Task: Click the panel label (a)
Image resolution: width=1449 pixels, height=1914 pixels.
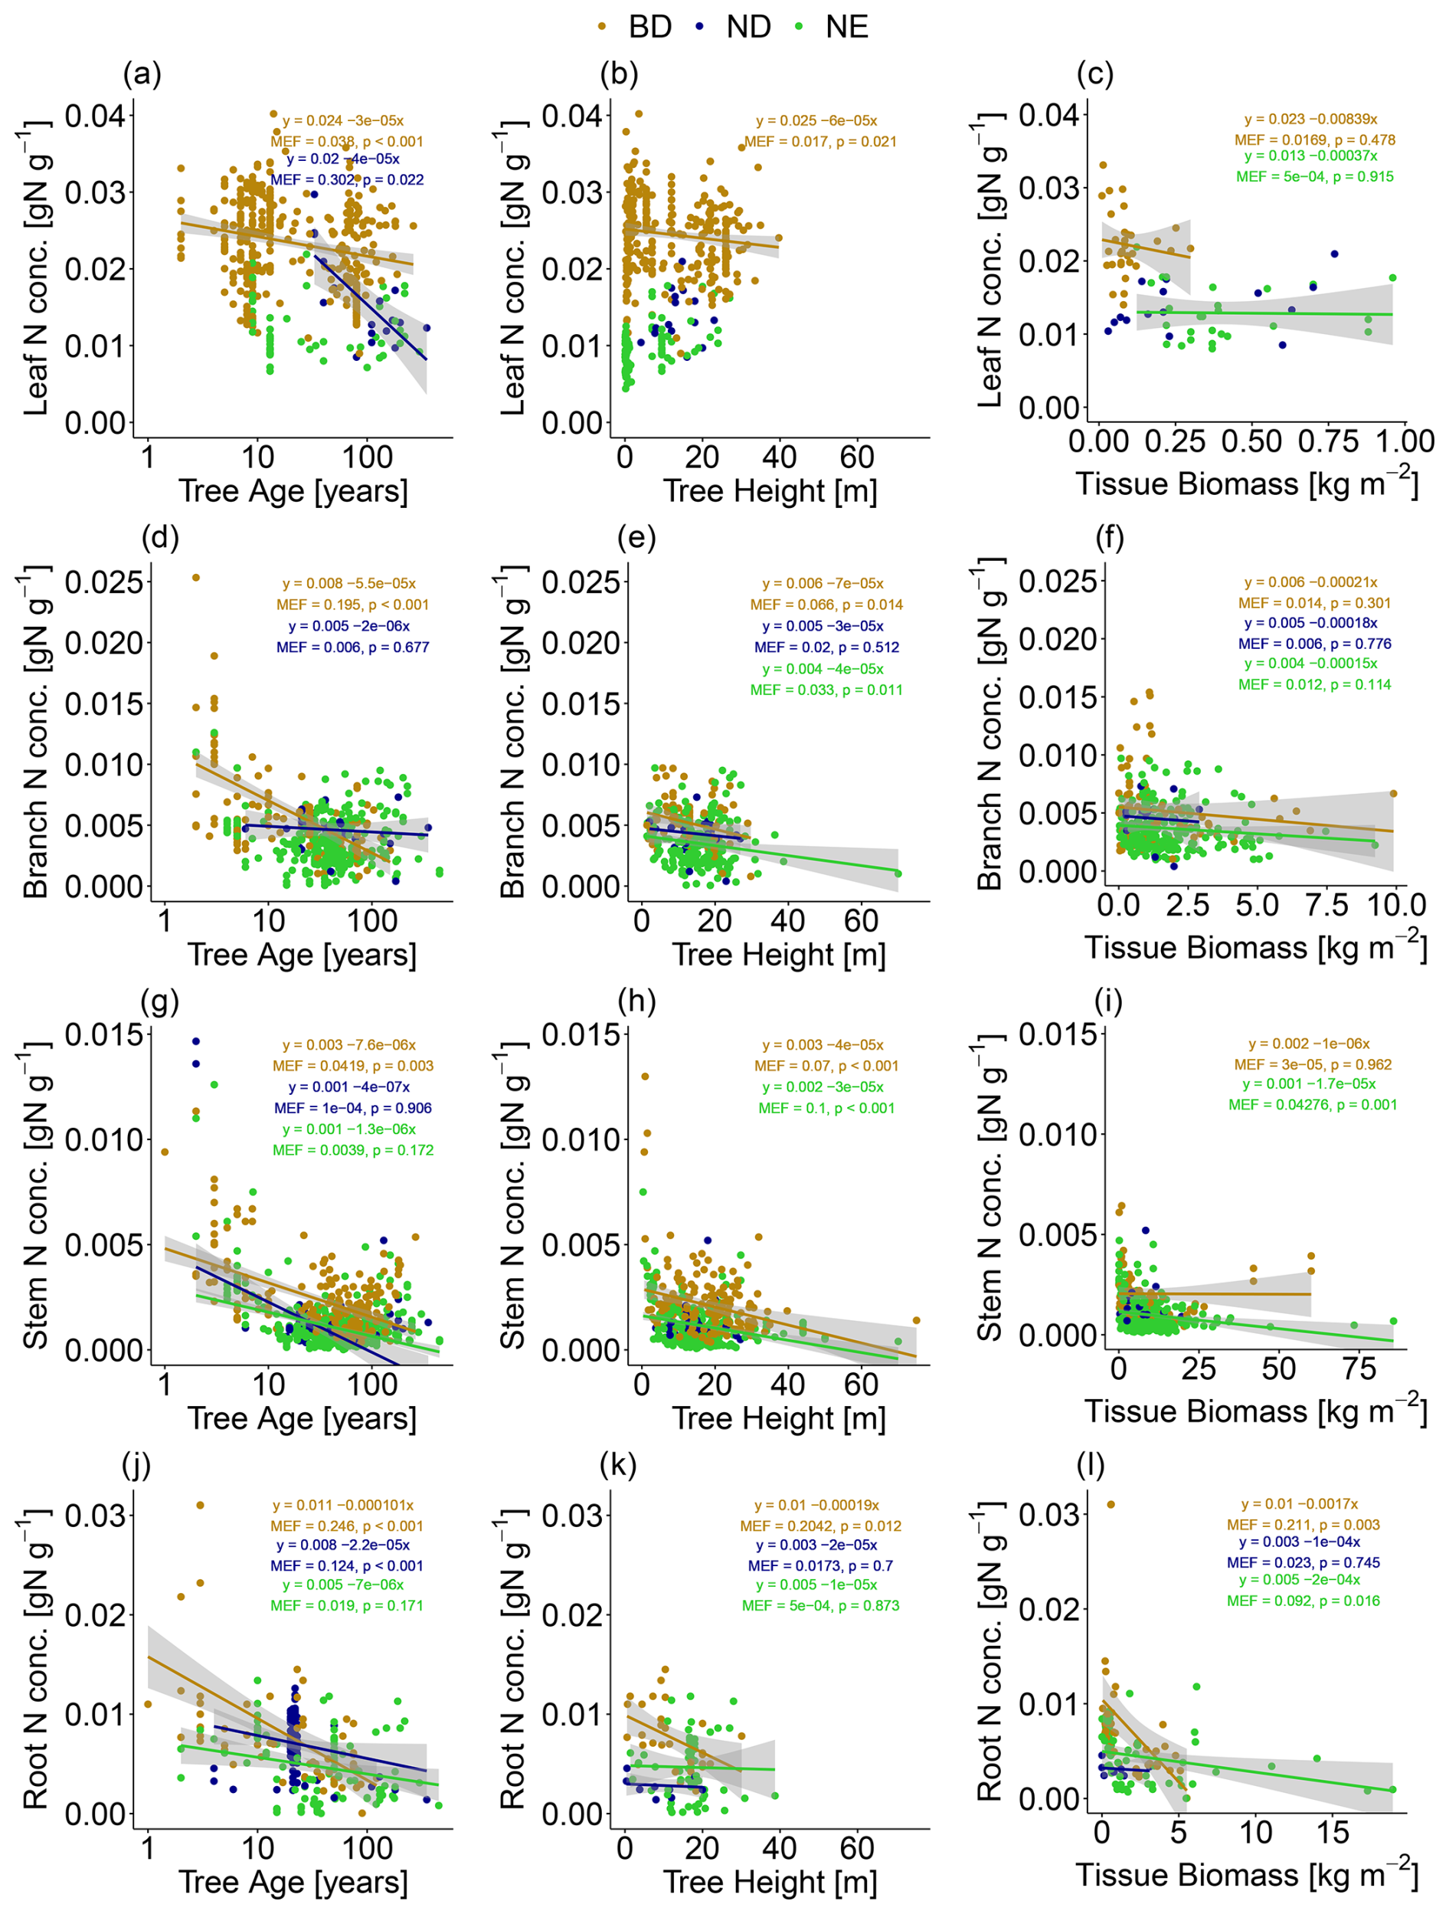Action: click(142, 74)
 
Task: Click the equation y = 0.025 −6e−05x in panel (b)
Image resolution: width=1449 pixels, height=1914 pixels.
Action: click(816, 121)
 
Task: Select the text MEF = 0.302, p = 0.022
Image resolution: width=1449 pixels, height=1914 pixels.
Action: click(347, 180)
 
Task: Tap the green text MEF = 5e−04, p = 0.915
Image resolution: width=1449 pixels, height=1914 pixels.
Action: click(1314, 176)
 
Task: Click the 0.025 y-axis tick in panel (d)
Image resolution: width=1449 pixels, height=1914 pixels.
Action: click(104, 582)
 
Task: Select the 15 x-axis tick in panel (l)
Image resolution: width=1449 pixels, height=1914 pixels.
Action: click(1333, 1832)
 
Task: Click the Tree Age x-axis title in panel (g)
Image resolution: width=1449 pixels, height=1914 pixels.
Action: click(301, 1418)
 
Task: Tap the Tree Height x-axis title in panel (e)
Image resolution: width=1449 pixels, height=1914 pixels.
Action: click(779, 955)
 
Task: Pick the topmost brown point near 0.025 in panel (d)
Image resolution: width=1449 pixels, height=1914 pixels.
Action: click(195, 577)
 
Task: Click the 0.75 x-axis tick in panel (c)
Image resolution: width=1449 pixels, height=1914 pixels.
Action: click(1328, 441)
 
